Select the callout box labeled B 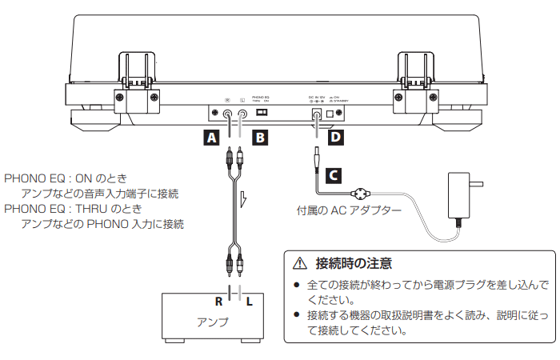coord(260,138)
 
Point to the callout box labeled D coord(334,138)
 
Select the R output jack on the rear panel coord(228,114)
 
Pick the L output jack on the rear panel coord(241,114)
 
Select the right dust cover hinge coord(415,80)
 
